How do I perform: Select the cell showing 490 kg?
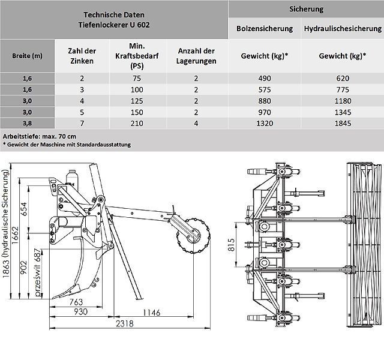[265, 79]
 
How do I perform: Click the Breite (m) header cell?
[27, 56]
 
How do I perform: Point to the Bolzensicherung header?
[265, 28]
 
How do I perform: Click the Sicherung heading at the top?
[306, 9]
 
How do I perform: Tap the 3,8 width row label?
[27, 124]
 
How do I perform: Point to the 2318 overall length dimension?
[125, 324]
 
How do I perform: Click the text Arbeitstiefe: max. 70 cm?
[42, 136]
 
